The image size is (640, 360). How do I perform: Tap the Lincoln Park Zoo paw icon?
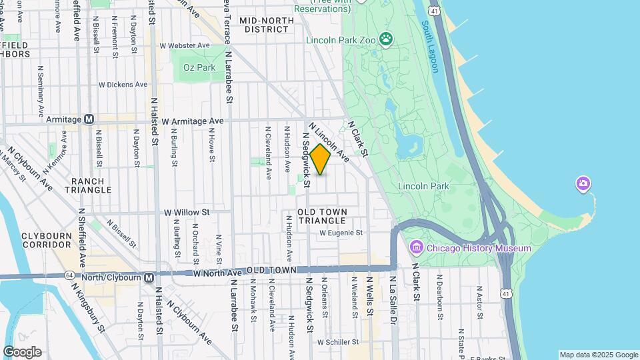coord(386,39)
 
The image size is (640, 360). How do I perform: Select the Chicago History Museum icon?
coord(417,249)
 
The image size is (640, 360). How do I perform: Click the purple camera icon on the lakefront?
coord(583,183)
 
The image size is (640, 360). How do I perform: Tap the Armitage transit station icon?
coord(89,119)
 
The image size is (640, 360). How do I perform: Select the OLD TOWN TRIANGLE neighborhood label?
coord(321,215)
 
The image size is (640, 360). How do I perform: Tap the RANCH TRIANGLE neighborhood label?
coord(88,185)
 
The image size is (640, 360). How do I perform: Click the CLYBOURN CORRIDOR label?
coord(51,241)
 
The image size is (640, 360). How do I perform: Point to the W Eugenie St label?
coord(341,233)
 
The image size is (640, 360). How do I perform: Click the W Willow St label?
coord(187,212)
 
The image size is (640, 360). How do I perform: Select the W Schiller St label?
coord(338,342)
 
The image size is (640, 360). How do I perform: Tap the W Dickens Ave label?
coord(123,85)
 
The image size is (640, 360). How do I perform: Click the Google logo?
coord(21,352)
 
